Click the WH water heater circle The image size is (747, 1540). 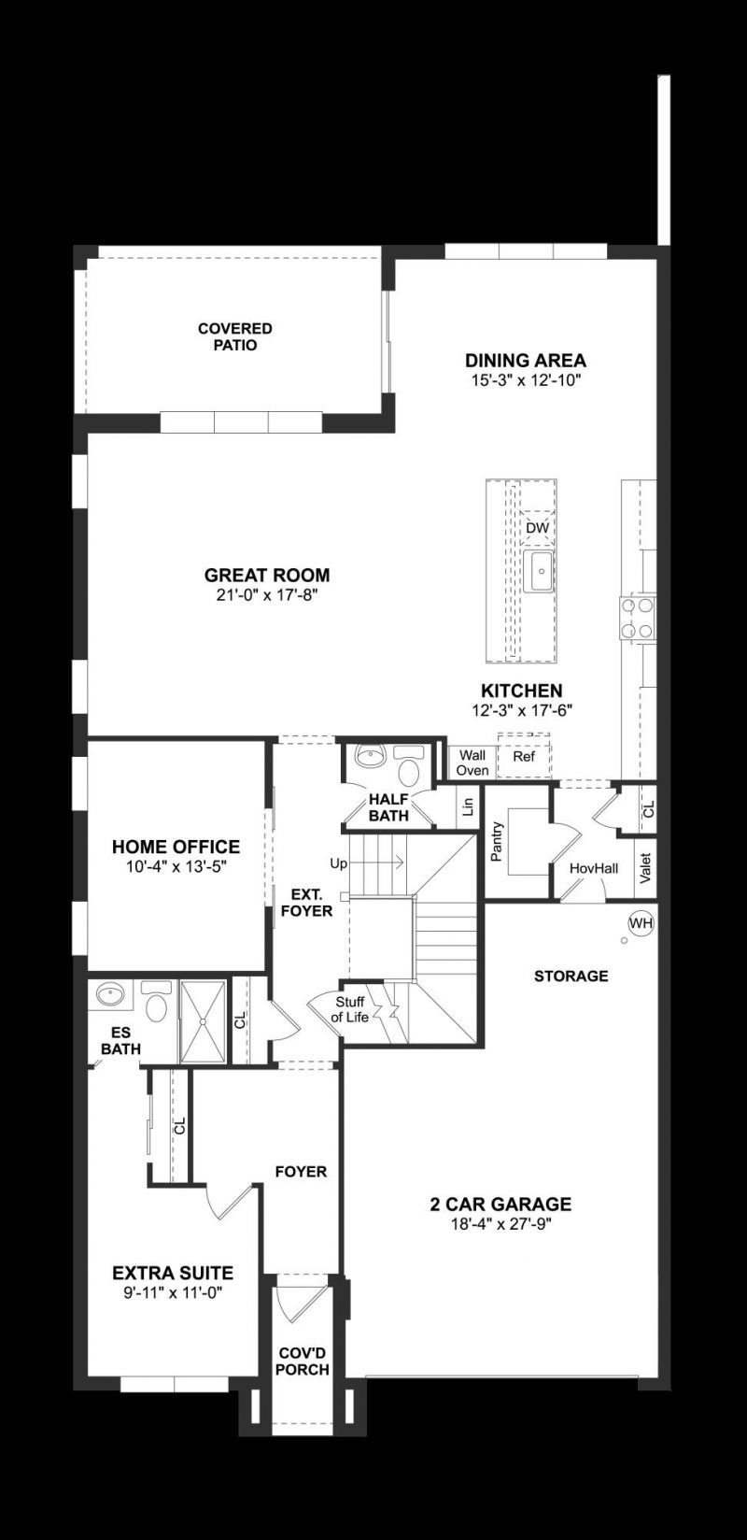[641, 923]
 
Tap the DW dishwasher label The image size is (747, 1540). [537, 528]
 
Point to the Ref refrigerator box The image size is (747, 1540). [524, 757]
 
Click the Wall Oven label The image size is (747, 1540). [472, 763]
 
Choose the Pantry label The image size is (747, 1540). [497, 841]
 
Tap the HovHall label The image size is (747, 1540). [594, 868]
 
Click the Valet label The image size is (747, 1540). [644, 868]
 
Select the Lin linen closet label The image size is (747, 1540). [469, 806]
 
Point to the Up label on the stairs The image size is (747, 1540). [338, 863]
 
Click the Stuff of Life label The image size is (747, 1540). [352, 1009]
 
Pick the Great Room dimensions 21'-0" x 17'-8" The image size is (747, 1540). [267, 594]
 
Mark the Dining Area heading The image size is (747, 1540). [526, 361]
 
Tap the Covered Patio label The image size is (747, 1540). [235, 336]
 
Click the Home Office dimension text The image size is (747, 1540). [176, 866]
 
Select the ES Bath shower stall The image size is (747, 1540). [203, 1021]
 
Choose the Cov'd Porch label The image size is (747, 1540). [303, 1362]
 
